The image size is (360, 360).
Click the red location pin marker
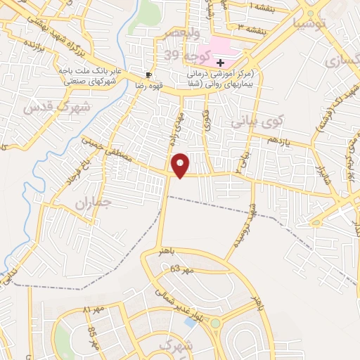coord(181,165)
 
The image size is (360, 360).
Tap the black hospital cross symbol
coord(221,63)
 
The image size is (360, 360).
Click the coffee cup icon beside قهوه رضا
coord(148,73)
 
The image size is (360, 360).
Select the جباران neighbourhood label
coord(94,202)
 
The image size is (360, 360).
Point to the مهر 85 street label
coord(92,330)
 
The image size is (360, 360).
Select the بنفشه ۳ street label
coord(251,29)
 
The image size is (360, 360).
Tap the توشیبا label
coord(311,24)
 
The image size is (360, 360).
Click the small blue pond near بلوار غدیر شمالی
coord(189,322)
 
